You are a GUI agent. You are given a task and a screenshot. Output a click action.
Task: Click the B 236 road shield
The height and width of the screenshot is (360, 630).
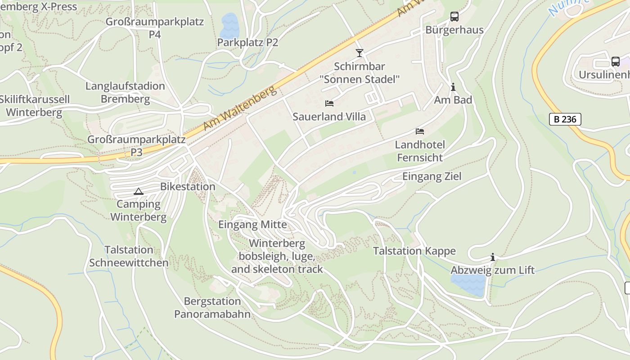tap(565, 119)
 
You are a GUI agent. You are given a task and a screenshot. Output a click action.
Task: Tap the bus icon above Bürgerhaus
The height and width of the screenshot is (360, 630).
tap(454, 17)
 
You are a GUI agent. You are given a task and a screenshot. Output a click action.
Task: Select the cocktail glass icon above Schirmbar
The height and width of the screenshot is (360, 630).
tap(359, 53)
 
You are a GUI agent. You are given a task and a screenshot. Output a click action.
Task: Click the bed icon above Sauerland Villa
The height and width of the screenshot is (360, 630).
tap(329, 103)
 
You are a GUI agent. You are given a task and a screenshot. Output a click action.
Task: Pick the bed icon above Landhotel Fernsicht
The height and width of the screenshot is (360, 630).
tap(420, 131)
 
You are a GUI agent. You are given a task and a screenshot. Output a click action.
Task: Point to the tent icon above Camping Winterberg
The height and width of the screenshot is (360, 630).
tap(138, 191)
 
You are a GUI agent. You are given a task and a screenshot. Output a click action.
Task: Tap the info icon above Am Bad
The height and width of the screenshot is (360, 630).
tap(453, 87)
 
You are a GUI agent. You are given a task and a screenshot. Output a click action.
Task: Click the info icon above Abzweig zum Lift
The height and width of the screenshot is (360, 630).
tap(493, 257)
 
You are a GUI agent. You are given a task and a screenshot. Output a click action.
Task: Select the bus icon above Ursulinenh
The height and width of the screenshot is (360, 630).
tap(615, 62)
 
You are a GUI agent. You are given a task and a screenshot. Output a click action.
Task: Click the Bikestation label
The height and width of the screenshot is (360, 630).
tap(188, 186)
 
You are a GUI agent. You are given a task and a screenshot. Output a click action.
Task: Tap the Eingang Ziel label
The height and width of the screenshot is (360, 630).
tap(432, 176)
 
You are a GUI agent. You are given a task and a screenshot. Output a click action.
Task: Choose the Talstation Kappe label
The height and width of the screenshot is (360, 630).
tap(414, 251)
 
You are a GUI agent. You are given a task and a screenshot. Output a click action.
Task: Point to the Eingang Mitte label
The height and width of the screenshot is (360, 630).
tap(252, 224)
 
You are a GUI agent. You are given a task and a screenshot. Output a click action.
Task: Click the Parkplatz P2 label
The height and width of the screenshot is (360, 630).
tap(247, 43)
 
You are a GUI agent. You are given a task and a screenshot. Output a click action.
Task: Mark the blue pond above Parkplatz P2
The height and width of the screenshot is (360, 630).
tap(229, 26)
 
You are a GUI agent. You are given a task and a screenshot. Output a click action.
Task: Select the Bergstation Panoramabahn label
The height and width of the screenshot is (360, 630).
tap(212, 307)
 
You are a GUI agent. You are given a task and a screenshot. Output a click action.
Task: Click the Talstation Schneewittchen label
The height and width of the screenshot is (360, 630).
tap(129, 256)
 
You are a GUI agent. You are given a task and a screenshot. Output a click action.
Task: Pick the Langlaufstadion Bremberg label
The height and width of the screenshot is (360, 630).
tap(125, 92)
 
